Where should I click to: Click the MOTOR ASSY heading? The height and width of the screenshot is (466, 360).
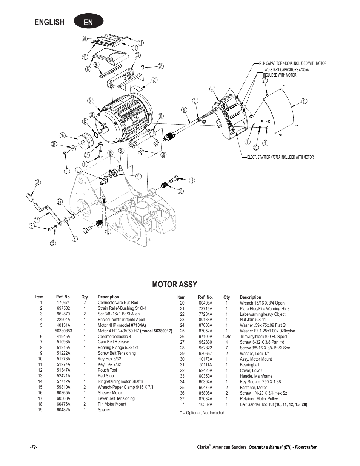click(x=174, y=285)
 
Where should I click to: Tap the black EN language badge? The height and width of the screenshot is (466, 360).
click(x=88, y=22)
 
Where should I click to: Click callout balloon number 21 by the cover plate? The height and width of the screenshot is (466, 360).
click(x=304, y=101)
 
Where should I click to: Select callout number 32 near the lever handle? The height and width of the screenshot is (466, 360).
click(x=37, y=183)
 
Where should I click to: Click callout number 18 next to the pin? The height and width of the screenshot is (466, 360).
click(x=192, y=181)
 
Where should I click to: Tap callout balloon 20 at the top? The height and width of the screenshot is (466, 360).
click(x=84, y=39)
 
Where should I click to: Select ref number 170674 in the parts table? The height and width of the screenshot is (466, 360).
click(x=63, y=303)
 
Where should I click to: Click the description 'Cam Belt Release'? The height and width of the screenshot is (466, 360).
click(x=113, y=342)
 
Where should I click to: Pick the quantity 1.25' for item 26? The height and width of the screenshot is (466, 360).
click(x=226, y=337)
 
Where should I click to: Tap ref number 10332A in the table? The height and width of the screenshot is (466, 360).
click(x=205, y=404)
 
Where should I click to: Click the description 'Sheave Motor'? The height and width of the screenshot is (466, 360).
click(x=110, y=393)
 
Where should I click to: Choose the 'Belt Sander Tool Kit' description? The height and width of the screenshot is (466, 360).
click(x=257, y=404)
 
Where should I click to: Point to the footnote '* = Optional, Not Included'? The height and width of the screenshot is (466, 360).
click(x=202, y=413)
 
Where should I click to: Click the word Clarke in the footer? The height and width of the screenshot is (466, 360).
click(x=203, y=447)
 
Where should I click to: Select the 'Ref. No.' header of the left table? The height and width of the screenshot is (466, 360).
click(x=63, y=297)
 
